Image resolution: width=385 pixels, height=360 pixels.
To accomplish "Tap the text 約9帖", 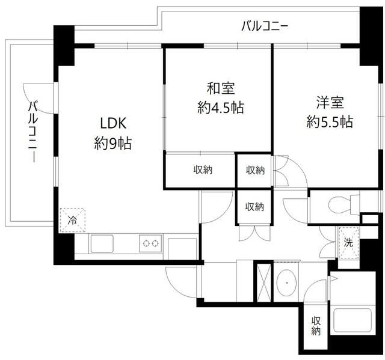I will (112, 144).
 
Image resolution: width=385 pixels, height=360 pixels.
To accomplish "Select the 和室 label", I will (217, 88).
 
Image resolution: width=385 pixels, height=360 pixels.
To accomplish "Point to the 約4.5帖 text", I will (217, 109).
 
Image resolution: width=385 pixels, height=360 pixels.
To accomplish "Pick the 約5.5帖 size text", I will (328, 121).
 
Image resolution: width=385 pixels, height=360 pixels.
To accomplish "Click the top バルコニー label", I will (265, 26).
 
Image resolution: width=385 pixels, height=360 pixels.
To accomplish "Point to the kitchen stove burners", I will (149, 244).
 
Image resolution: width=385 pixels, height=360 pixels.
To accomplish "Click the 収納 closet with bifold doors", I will (254, 207).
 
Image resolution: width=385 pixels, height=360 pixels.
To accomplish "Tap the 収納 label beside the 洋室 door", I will (254, 170).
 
